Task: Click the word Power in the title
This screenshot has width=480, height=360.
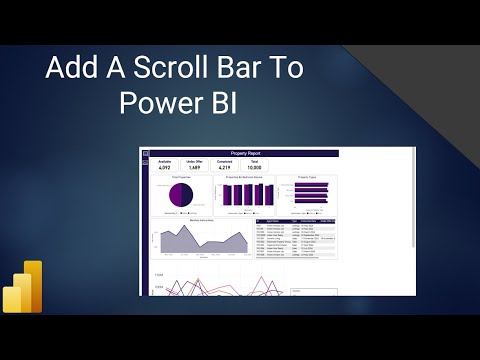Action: point(163,103)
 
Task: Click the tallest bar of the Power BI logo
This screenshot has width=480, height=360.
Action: point(34,286)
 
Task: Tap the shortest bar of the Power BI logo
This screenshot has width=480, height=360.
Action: point(11,298)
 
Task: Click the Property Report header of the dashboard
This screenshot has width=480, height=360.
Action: point(244,153)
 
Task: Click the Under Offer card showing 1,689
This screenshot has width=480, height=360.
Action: point(194,165)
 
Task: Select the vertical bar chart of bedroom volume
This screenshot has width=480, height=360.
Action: point(247,194)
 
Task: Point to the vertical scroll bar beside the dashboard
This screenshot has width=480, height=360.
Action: point(413,200)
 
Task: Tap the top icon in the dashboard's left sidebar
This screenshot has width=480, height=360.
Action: point(144,153)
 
